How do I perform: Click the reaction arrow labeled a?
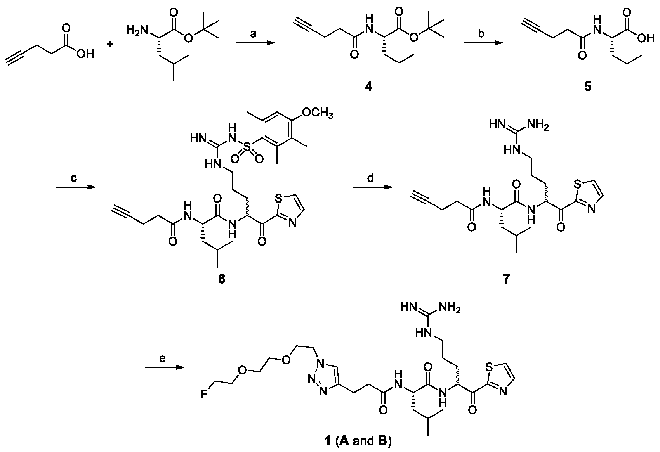pos(255,44)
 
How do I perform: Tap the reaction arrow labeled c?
pos(76,187)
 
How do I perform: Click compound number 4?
pos(368,87)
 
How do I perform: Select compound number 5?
pos(588,87)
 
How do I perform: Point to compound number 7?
pos(507,279)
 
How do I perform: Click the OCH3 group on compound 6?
pos(318,114)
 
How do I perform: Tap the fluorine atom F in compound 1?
pos(203,395)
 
